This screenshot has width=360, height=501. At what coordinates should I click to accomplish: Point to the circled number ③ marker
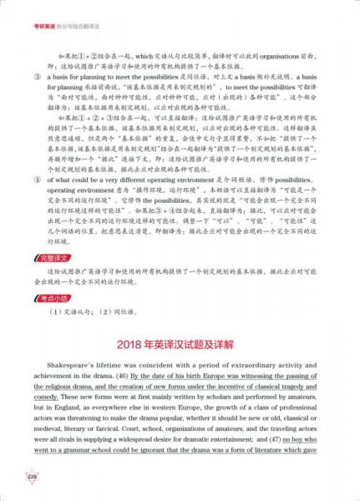click(37, 98)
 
